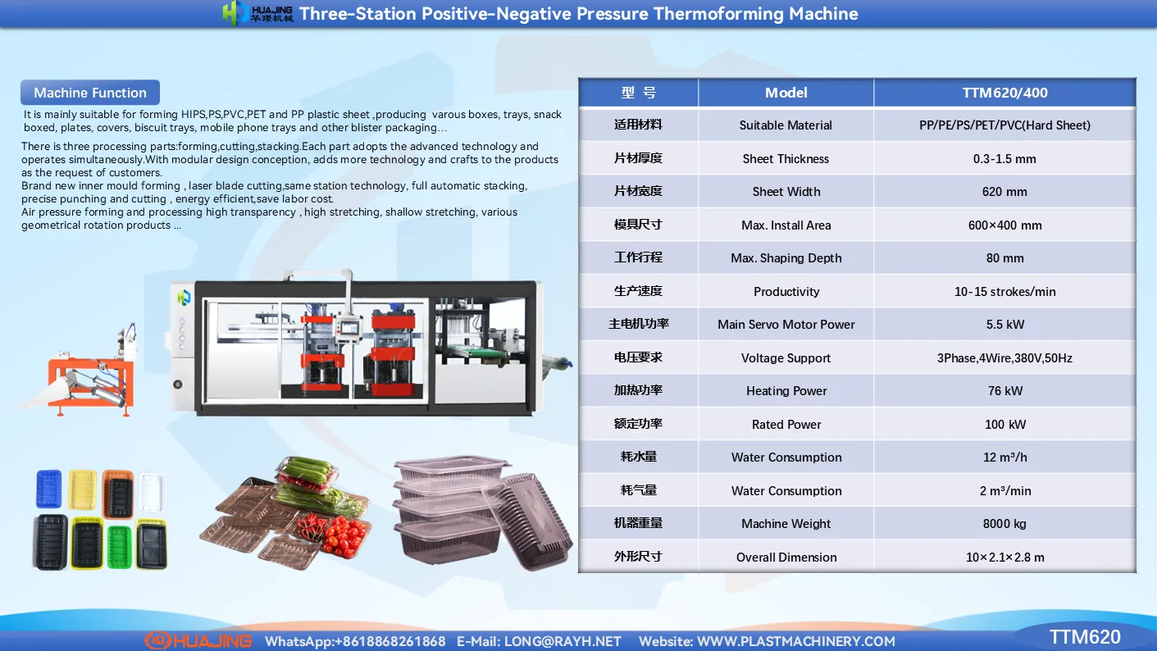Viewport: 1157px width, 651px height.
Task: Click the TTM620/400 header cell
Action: click(1004, 93)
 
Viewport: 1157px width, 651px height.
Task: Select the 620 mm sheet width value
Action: click(1004, 192)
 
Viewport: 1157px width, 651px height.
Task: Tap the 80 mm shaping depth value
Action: click(1004, 258)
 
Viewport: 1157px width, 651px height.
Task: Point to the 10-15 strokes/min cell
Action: click(1004, 292)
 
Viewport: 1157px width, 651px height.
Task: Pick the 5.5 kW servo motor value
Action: click(1004, 325)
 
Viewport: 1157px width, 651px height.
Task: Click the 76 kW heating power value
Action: click(1004, 391)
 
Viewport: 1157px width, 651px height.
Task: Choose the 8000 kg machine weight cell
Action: click(1004, 524)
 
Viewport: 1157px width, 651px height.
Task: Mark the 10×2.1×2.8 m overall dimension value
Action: click(1004, 558)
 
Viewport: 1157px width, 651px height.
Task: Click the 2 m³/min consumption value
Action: click(1004, 491)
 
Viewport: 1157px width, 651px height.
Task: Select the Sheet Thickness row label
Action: click(786, 159)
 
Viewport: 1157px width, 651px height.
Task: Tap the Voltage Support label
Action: click(786, 358)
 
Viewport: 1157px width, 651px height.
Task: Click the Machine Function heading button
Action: click(90, 93)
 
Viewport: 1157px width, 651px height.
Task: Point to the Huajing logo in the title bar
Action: click(257, 13)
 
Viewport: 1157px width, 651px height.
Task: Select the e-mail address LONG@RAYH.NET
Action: click(563, 641)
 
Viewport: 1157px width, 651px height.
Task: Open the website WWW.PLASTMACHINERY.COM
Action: click(795, 641)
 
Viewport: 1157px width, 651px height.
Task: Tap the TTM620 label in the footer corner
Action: click(1085, 637)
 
